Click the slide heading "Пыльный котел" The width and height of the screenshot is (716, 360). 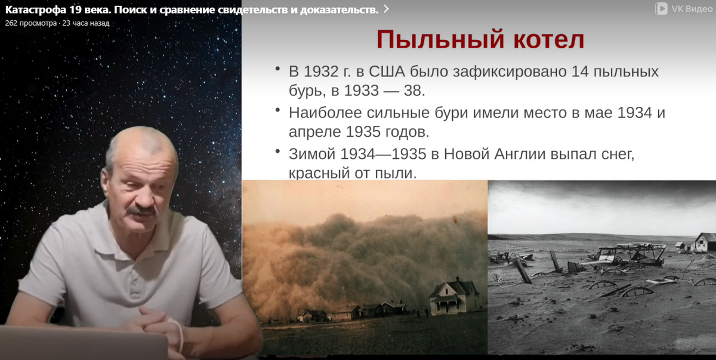480,40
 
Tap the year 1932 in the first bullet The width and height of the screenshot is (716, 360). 320,72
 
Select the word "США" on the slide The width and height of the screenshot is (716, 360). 388,72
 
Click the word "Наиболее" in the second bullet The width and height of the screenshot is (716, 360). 326,112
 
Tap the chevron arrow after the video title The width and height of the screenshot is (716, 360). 386,9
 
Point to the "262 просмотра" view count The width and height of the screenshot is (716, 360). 30,23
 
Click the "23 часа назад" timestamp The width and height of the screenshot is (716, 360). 86,23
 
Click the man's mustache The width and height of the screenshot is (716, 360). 142,210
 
